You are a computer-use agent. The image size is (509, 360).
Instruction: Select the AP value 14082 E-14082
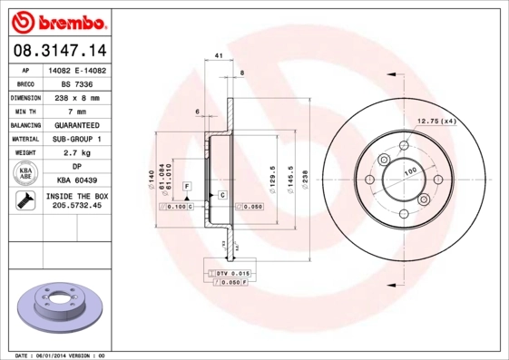[75, 69]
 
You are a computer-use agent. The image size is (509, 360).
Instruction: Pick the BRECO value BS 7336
[75, 83]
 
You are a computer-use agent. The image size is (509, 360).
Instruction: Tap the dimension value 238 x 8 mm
[75, 97]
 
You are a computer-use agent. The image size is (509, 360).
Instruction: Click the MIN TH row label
[24, 111]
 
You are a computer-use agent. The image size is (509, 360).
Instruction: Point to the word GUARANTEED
[75, 124]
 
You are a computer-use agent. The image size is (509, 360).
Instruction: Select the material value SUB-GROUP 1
[75, 139]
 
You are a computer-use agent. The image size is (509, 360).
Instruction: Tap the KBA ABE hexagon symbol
[24, 173]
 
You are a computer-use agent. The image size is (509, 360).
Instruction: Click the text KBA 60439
[75, 180]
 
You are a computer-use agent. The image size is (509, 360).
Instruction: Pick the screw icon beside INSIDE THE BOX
[24, 201]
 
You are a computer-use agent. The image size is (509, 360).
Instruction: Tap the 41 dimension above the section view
[220, 57]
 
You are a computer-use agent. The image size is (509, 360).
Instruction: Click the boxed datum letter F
[187, 185]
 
